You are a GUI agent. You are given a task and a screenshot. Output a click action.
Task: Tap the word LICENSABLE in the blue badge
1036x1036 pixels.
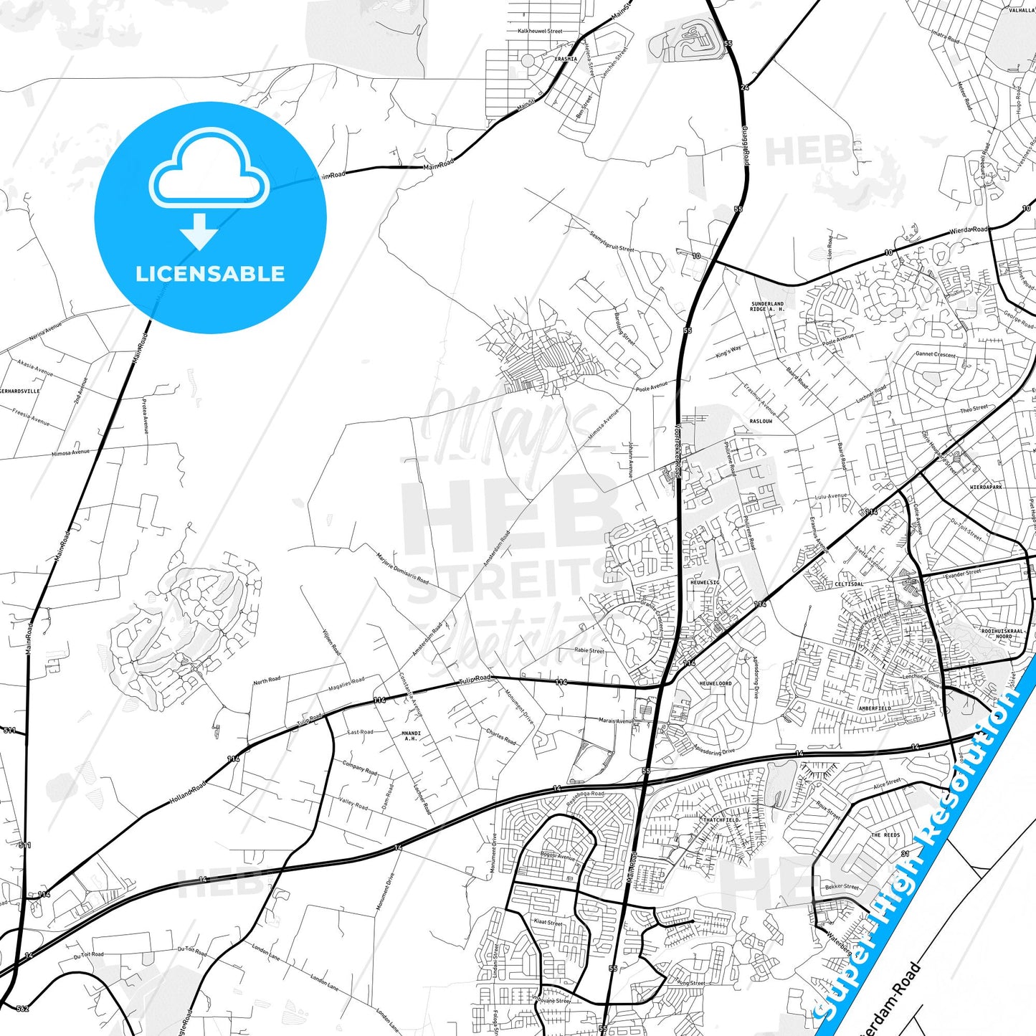tap(210, 274)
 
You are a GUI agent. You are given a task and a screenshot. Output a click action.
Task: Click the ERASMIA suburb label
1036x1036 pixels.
tap(566, 60)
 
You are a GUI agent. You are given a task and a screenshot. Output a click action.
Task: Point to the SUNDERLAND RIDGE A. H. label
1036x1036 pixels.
tap(767, 306)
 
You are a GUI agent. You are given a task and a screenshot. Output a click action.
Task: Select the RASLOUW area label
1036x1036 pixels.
tap(761, 422)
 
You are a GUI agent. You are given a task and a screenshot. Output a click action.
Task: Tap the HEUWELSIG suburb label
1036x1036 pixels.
tap(705, 583)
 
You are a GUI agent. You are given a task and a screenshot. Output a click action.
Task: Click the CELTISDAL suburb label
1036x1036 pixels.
tap(849, 584)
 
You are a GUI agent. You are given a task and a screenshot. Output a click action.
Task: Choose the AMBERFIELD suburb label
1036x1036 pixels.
tap(875, 708)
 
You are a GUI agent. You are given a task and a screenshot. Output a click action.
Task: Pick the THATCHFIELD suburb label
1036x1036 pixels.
tap(721, 820)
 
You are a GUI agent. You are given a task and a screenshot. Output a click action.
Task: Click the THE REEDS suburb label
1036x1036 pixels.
tap(885, 835)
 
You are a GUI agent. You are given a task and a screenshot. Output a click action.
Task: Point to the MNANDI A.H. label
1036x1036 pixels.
tap(411, 736)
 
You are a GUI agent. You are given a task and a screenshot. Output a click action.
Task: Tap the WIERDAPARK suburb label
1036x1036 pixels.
tap(986, 488)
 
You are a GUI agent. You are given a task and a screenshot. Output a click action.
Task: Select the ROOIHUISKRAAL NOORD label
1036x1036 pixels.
tap(1004, 634)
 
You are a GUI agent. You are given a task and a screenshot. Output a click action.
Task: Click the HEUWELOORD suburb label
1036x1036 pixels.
tap(716, 684)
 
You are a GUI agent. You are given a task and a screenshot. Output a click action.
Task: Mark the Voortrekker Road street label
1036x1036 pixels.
tap(676, 450)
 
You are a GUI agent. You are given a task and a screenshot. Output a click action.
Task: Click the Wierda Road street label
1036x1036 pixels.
tap(968, 230)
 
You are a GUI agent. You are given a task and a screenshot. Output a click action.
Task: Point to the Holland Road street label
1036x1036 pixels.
tap(187, 792)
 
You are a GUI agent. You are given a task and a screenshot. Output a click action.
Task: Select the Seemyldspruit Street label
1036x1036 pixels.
tap(612, 242)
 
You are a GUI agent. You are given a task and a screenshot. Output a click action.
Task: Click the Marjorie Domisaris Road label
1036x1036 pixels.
tap(402, 569)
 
